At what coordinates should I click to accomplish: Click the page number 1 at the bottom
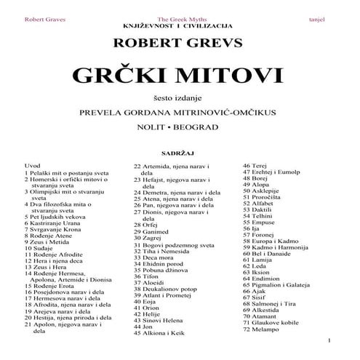tap(329, 340)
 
